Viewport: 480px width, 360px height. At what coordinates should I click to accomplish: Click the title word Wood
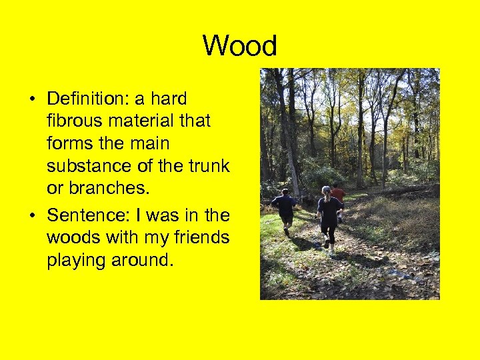(x=239, y=47)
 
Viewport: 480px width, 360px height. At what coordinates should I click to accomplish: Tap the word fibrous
(x=73, y=121)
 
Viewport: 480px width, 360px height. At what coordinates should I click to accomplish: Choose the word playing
(x=73, y=260)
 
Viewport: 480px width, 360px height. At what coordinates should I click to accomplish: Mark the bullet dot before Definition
(x=32, y=101)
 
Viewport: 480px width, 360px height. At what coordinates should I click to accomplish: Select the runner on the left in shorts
(x=285, y=209)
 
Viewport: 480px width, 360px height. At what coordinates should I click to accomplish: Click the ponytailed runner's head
(x=327, y=191)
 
